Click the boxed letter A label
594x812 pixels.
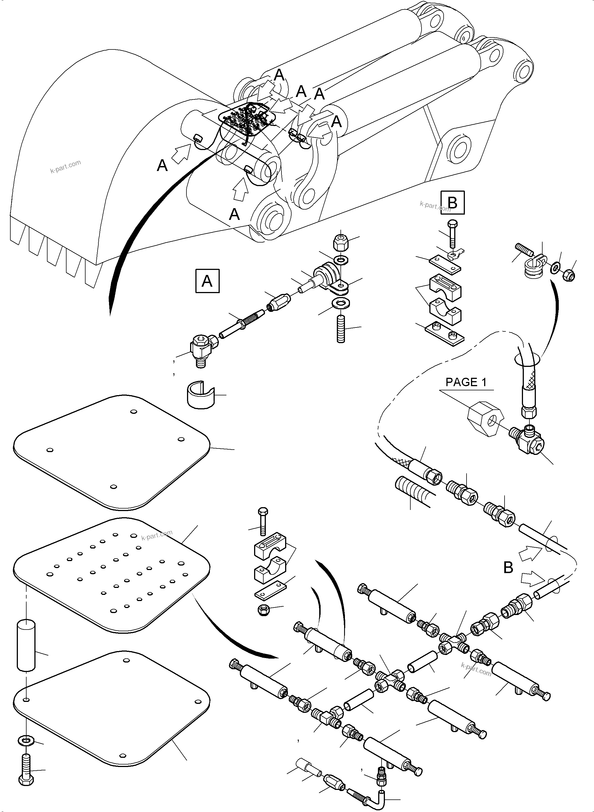click(x=207, y=281)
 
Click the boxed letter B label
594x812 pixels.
click(x=452, y=203)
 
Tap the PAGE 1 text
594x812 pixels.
click(x=466, y=382)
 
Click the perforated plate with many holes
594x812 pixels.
click(x=112, y=574)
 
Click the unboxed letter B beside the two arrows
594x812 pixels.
click(x=508, y=568)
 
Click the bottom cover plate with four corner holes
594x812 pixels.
click(x=112, y=710)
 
